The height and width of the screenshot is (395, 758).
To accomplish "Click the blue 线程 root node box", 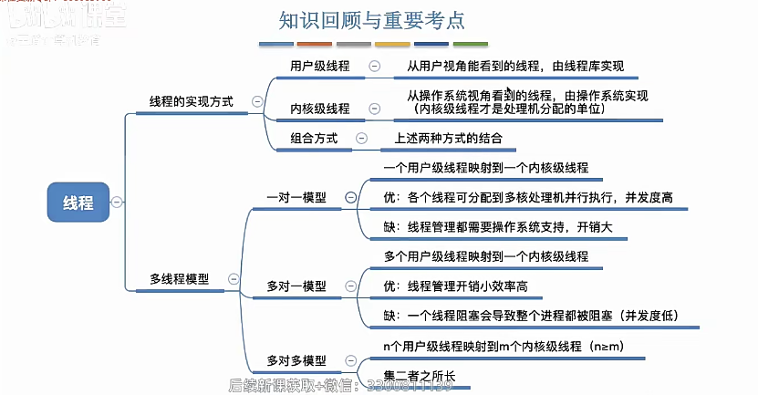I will coord(78,202).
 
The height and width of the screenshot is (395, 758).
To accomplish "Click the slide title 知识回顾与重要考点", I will coord(377,19).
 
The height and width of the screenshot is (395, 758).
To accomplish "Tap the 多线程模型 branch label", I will coord(180,279).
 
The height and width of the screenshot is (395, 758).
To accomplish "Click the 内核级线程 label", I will coord(319,109).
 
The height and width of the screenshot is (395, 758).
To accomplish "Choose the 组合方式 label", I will coord(314,139).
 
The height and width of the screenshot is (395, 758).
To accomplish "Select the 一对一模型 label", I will coord(296,196).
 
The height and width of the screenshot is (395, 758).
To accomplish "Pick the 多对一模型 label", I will coord(296,286).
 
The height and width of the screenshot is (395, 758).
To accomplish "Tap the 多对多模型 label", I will coord(296,360).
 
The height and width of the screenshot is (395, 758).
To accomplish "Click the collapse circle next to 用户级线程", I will coord(374,66).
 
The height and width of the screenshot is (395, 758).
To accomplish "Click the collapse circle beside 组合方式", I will coord(362,139).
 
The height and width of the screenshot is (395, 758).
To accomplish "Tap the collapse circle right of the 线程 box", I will coord(117,202).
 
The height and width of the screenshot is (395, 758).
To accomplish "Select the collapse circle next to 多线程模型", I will coord(234,279).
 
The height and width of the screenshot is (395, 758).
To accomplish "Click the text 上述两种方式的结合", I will coord(448,139).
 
